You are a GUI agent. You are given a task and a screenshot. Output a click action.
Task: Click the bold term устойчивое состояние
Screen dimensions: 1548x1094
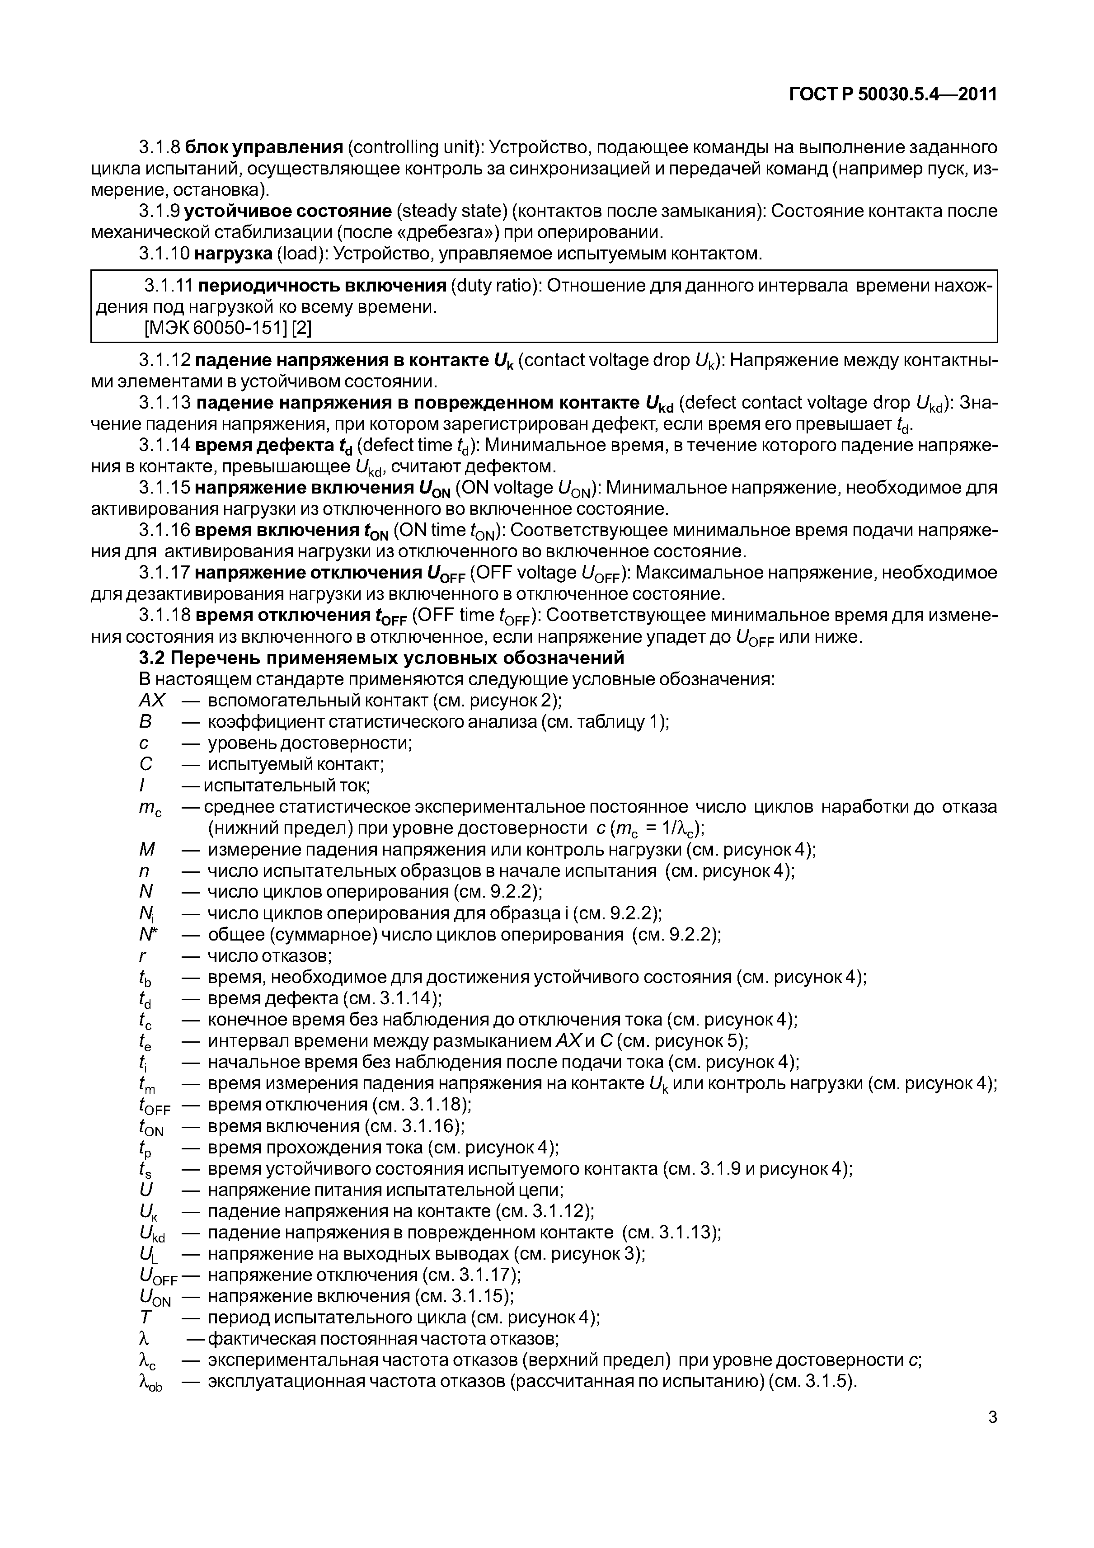pyautogui.click(x=288, y=211)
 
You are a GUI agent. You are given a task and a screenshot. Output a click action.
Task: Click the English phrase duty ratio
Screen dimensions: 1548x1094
pyautogui.click(x=493, y=286)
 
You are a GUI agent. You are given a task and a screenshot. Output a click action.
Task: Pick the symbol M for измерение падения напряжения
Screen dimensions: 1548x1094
pyautogui.click(x=146, y=850)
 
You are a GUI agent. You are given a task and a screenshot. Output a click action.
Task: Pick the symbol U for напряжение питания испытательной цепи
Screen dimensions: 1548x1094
pyautogui.click(x=145, y=1190)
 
